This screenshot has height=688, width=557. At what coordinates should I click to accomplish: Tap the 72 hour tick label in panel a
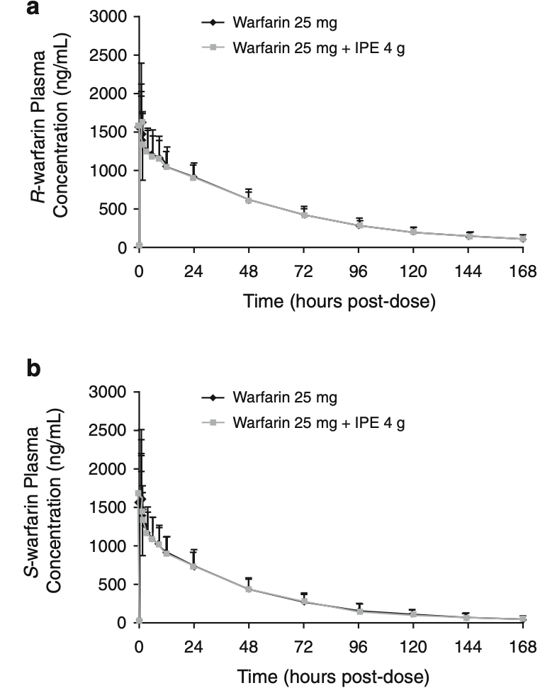pyautogui.click(x=303, y=271)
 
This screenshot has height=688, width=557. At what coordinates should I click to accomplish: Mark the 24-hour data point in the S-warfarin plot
pyautogui.click(x=193, y=566)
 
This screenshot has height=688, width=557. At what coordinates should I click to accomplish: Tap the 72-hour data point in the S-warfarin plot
pyautogui.click(x=303, y=602)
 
